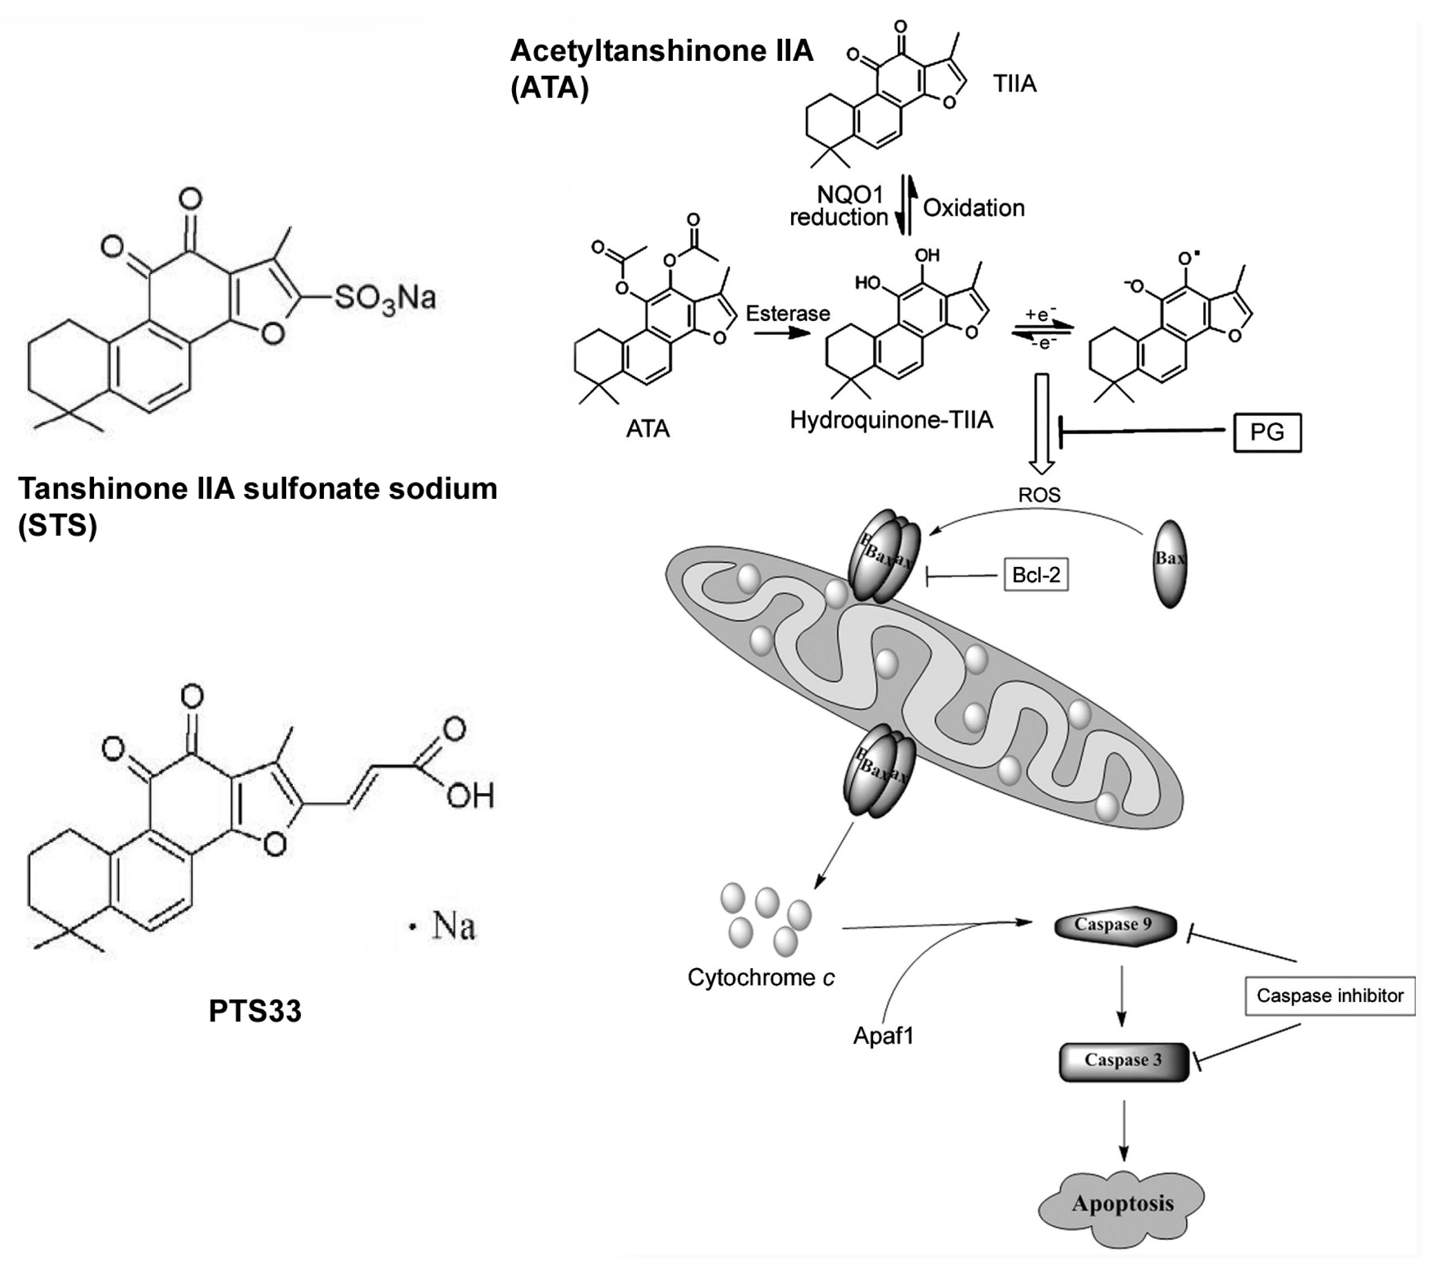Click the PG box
[1267, 433]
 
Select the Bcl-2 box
[1036, 575]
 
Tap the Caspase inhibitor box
[1329, 995]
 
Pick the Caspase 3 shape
[1123, 1060]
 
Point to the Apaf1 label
[883, 1036]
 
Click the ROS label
[1039, 495]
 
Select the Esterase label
[787, 313]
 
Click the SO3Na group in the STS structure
[385, 298]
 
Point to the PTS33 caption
[255, 1010]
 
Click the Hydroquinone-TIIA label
[891, 420]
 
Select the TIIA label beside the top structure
[1015, 84]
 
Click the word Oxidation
[974, 208]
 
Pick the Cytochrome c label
[760, 977]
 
